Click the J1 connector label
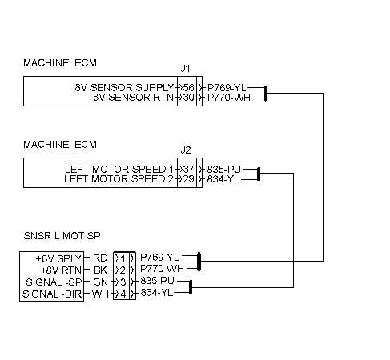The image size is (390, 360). click(185, 69)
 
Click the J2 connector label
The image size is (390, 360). click(186, 150)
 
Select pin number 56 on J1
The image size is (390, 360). click(189, 87)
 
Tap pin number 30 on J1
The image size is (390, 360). click(189, 98)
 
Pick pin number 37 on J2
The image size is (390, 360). click(189, 169)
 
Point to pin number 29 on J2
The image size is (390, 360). click(189, 178)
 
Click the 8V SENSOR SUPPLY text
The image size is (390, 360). click(124, 87)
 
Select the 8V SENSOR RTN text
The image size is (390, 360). click(134, 98)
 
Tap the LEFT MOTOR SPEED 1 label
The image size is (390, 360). click(119, 169)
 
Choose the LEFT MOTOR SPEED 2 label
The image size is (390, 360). click(119, 178)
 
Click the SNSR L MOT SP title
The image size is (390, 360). click(62, 236)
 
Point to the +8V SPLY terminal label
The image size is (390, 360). click(58, 258)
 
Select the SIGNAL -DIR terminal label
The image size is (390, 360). click(52, 294)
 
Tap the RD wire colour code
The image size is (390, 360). click(100, 258)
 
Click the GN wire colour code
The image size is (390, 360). click(100, 282)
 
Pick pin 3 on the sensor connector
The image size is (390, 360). click(123, 282)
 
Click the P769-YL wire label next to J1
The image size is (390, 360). click(227, 87)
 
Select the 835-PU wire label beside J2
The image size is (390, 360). click(224, 169)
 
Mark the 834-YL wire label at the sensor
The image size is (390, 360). click(157, 293)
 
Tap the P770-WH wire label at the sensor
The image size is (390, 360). click(162, 268)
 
